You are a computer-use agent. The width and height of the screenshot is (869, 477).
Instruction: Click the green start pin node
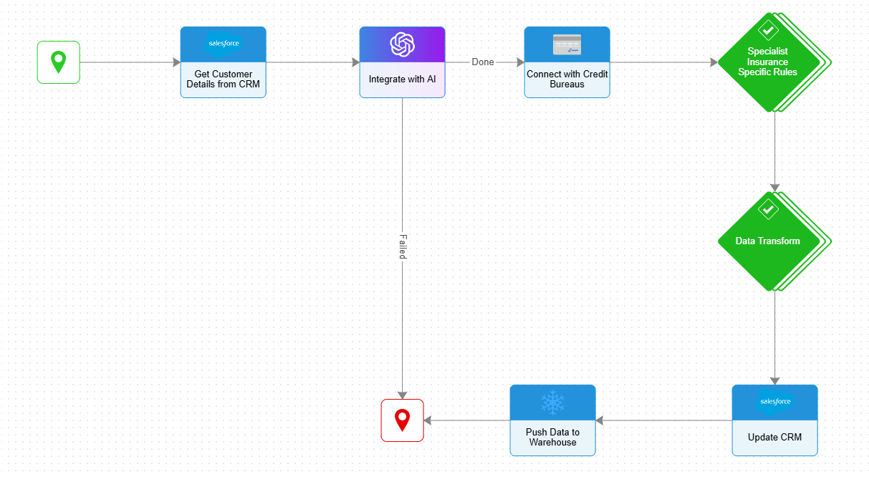point(58,62)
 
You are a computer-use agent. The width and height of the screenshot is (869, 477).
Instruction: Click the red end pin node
point(402,420)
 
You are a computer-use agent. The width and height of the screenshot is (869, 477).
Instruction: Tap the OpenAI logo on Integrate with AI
point(402,44)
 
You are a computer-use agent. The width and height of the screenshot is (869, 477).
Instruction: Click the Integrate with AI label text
point(402,79)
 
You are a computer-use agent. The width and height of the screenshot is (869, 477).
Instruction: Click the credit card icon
point(567,44)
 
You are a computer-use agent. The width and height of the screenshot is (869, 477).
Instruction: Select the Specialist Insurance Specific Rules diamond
point(769,63)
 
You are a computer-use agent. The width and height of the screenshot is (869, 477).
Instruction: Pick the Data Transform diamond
point(769,241)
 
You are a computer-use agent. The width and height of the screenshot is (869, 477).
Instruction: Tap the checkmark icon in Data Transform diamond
point(768,209)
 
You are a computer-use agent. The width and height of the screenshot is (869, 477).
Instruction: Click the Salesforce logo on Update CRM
point(774,402)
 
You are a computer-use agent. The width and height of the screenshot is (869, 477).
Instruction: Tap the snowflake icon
point(552,403)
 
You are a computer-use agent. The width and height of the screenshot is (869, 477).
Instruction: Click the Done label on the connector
point(483,62)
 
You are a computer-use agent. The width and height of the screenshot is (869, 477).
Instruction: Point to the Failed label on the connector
point(403,246)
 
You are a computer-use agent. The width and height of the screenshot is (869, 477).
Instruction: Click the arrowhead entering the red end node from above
point(403,395)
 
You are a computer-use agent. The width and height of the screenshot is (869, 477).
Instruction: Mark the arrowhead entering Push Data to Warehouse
point(600,420)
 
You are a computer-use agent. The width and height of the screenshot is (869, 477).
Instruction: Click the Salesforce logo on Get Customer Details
point(223,44)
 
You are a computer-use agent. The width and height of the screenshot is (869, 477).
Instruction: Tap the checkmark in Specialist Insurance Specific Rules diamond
point(768,31)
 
